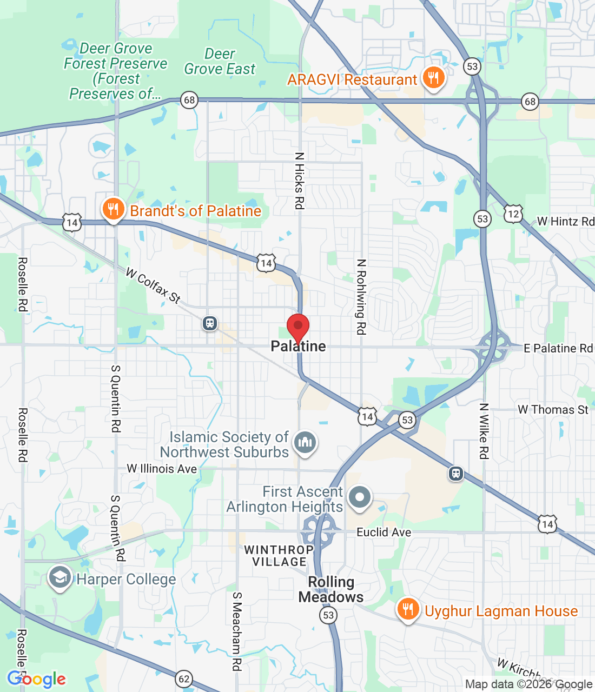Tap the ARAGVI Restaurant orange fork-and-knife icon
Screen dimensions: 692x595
tap(433, 78)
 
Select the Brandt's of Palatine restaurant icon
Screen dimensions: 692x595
tap(113, 209)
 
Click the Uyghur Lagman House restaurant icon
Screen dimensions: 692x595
tap(408, 609)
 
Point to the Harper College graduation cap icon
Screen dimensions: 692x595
tap(59, 577)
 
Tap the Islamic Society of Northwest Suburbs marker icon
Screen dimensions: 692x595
tap(305, 443)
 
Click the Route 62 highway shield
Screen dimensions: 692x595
tap(184, 678)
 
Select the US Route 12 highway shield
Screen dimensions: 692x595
tap(513, 214)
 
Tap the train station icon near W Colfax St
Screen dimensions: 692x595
tap(210, 324)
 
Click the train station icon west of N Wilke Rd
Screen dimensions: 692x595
tap(456, 474)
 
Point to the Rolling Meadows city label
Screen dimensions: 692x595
tap(331, 589)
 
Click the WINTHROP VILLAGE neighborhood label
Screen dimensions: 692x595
tap(279, 556)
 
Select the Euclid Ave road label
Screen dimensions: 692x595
tap(384, 533)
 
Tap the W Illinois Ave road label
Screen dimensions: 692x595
tap(162, 469)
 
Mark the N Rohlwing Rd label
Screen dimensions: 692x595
tap(361, 297)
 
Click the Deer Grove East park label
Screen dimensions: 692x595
tap(220, 62)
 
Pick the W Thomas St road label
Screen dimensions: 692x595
tap(553, 410)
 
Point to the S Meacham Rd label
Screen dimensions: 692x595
tap(237, 631)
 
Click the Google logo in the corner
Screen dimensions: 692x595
tap(37, 679)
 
